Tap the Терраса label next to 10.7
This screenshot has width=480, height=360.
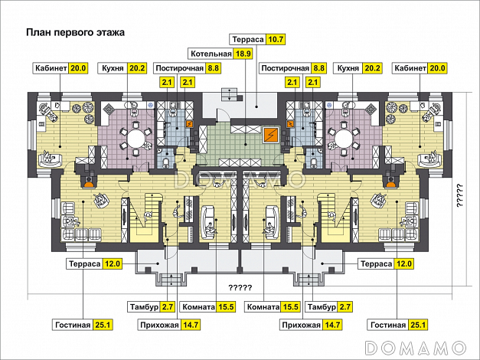tap(247, 39)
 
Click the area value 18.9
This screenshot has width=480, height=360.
tap(243, 54)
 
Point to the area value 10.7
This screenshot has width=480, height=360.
tap(276, 39)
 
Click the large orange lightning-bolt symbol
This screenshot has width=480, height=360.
tap(271, 136)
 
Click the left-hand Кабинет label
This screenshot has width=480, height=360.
tap(51, 68)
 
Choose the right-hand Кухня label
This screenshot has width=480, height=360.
tap(348, 68)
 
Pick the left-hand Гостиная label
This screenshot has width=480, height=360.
tap(73, 325)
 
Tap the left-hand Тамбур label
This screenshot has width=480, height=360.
tap(144, 307)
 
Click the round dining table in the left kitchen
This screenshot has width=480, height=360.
tap(139, 139)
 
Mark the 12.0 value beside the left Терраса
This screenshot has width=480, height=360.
tap(113, 264)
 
